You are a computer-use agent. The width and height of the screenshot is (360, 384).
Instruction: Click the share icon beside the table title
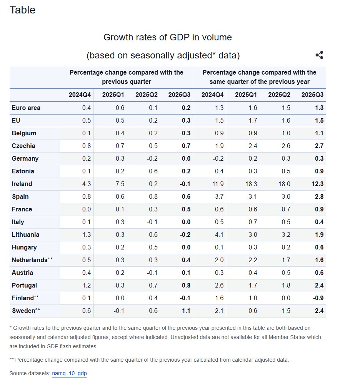pyautogui.click(x=319, y=55)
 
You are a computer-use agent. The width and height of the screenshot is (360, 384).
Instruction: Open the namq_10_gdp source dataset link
pyautogui.click(x=69, y=373)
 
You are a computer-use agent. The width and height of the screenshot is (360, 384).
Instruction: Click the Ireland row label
pyautogui.click(x=22, y=184)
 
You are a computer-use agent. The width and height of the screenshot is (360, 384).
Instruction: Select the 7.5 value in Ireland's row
pyautogui.click(x=120, y=184)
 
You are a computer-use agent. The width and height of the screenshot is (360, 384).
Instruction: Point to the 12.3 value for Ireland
pyautogui.click(x=317, y=184)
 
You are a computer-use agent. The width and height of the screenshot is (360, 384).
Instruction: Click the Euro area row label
pyautogui.click(x=26, y=108)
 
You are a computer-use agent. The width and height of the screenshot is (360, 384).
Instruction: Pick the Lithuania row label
pyautogui.click(x=25, y=234)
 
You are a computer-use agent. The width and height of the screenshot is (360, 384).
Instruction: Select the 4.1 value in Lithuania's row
pyautogui.click(x=219, y=234)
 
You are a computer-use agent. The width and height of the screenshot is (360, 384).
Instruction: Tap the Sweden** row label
pyautogui.click(x=26, y=311)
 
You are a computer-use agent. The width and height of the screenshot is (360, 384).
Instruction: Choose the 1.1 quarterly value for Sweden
pyautogui.click(x=186, y=311)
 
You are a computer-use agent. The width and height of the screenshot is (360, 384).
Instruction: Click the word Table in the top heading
pyautogui.click(x=22, y=10)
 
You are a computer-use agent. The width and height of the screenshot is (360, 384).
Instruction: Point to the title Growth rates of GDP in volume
pyautogui.click(x=168, y=37)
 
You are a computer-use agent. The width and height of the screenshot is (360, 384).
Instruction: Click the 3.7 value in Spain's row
pyautogui.click(x=219, y=196)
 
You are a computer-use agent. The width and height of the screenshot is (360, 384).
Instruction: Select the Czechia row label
pyautogui.click(x=23, y=146)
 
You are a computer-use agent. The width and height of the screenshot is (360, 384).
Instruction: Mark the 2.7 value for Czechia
pyautogui.click(x=319, y=146)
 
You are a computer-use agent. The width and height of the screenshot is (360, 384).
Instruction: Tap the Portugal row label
pyautogui.click(x=24, y=285)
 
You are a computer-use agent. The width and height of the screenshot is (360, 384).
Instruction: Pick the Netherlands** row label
pyautogui.click(x=32, y=260)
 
